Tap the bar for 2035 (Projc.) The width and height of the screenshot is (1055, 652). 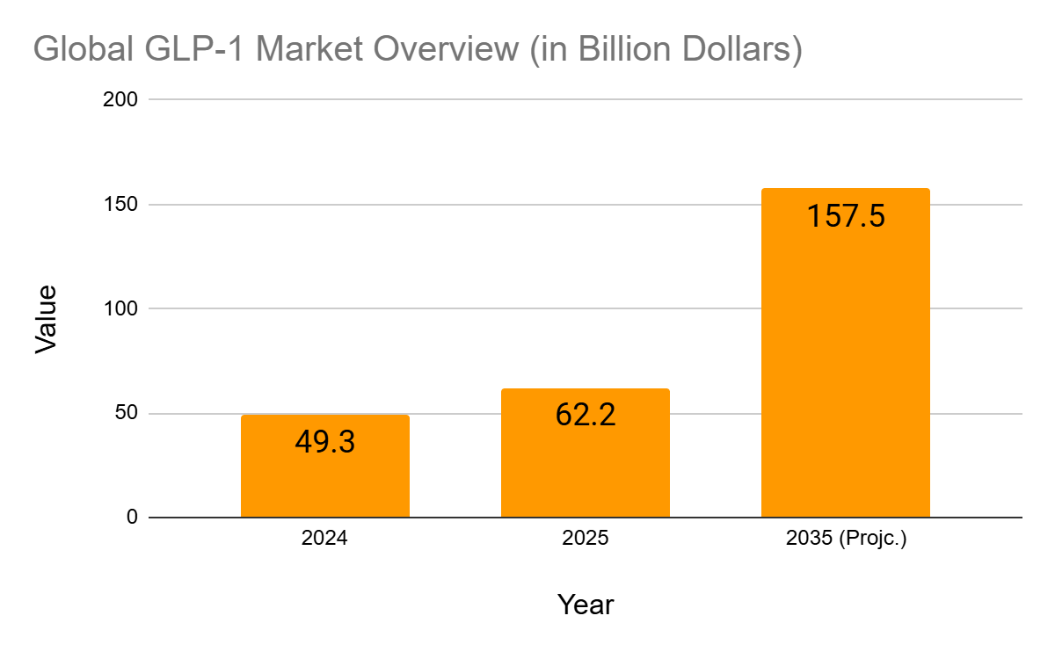pos(845,369)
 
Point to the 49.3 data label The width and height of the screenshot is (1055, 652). pos(324,442)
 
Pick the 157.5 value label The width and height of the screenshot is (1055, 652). pos(845,215)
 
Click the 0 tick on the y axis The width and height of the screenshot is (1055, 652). pos(132,518)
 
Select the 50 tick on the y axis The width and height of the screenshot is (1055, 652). pos(127,413)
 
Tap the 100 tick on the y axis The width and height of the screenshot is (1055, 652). pos(123,308)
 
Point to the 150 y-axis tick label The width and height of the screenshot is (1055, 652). pos(123,204)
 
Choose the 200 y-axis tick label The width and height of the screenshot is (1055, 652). pos(123,99)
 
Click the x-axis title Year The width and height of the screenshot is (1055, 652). pos(585,605)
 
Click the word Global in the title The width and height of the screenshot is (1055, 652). pos(84,49)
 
